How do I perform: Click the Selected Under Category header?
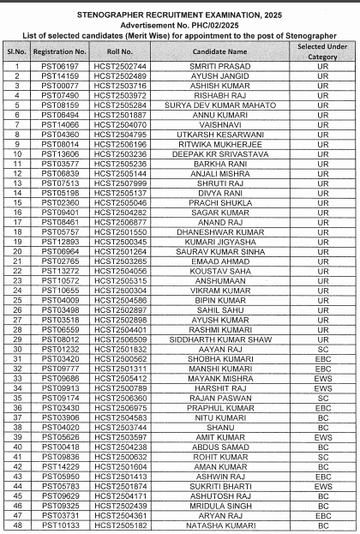[322, 52]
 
